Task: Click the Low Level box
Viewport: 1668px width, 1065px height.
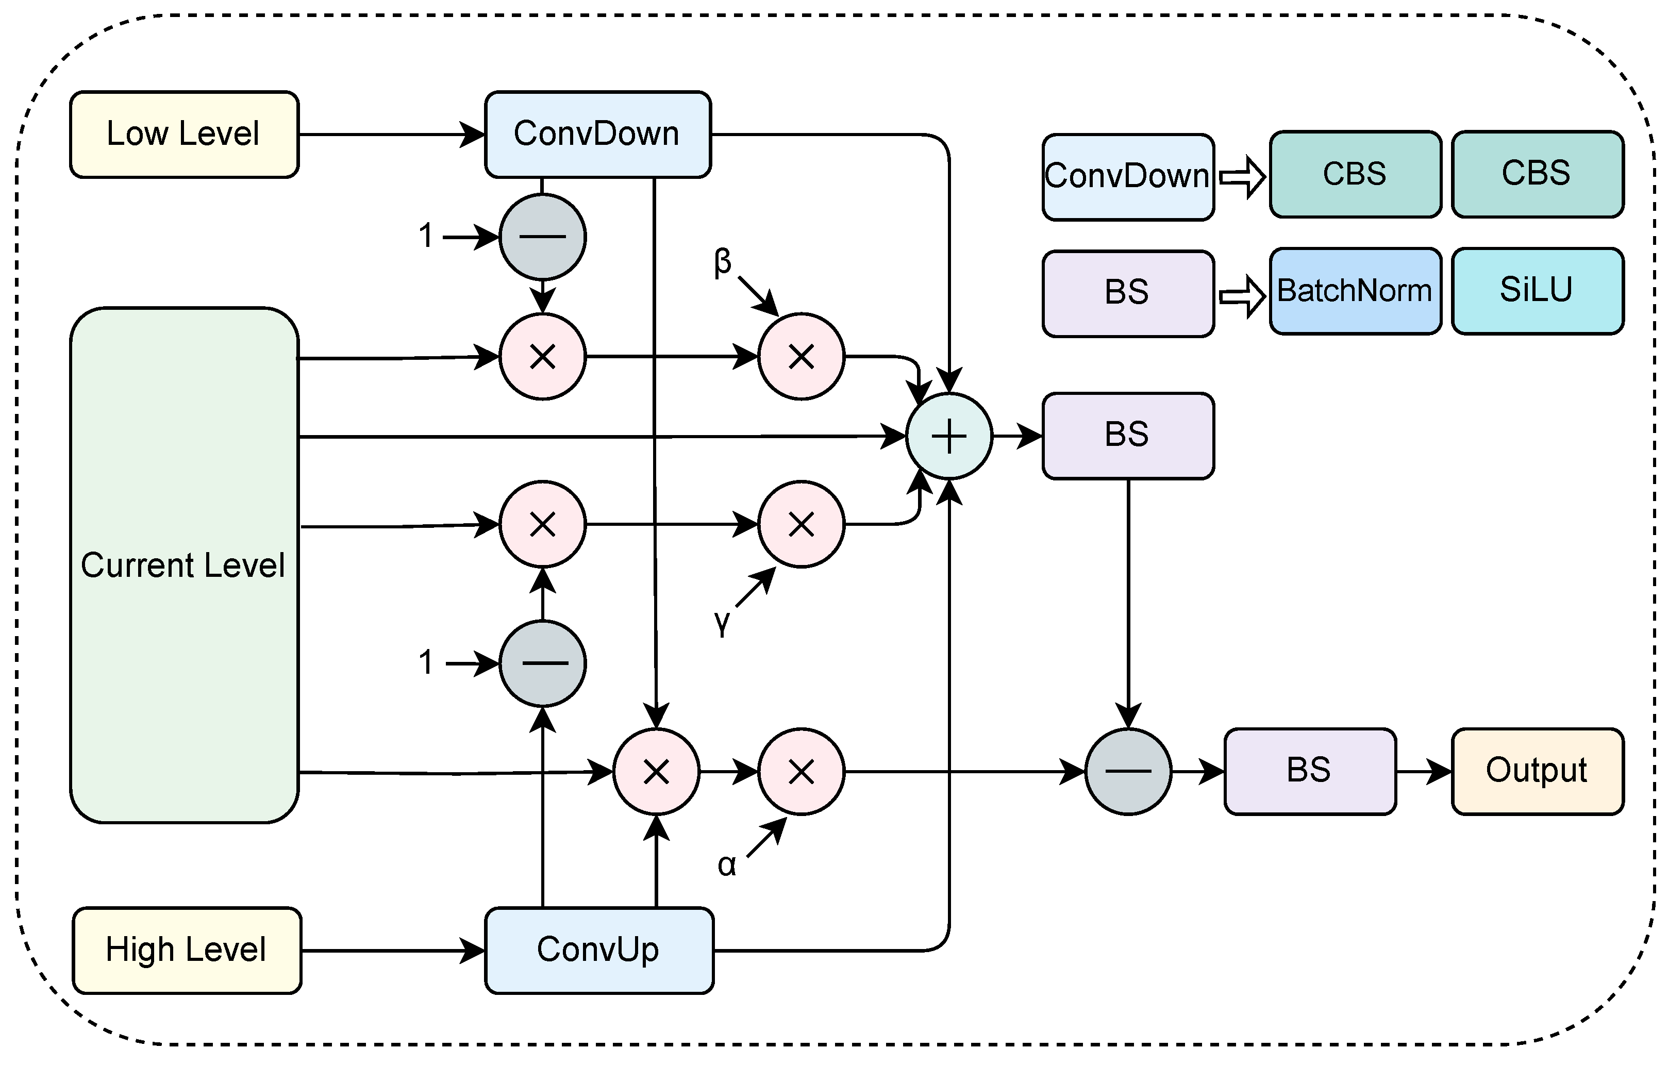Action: pos(184,135)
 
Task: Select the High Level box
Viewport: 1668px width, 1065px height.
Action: pos(186,950)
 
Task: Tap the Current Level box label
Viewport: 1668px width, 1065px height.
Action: pos(183,565)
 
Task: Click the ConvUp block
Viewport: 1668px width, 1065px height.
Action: pos(599,950)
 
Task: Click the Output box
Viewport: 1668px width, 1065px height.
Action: pos(1537,771)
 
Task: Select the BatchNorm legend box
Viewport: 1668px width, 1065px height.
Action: pos(1355,291)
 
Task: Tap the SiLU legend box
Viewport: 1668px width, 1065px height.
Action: pos(1537,291)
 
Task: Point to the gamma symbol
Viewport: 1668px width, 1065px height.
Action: pos(722,622)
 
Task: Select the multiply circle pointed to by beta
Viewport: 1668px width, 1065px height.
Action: pos(802,357)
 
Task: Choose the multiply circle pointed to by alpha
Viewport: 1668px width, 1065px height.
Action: pos(802,771)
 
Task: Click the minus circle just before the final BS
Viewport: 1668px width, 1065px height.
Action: pos(1128,771)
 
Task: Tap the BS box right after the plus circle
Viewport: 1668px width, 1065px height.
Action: pos(1128,436)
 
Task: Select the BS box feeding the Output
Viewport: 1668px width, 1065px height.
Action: pos(1310,771)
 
